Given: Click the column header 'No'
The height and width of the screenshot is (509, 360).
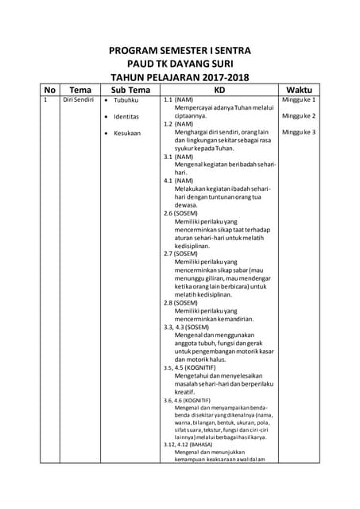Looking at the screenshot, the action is pyautogui.click(x=50, y=89).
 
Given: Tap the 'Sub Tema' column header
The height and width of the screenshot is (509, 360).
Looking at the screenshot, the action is pyautogui.click(x=130, y=89).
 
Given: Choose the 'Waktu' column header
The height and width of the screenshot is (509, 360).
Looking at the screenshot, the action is pyautogui.click(x=299, y=89).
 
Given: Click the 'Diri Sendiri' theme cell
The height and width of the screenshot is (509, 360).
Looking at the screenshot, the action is pyautogui.click(x=79, y=100).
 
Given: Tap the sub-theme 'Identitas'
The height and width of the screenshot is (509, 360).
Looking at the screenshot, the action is pyautogui.click(x=126, y=117).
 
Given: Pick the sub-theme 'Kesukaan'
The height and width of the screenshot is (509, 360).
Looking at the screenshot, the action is pyautogui.click(x=126, y=133).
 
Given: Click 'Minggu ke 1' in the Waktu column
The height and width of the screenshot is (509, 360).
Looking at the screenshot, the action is pyautogui.click(x=299, y=100).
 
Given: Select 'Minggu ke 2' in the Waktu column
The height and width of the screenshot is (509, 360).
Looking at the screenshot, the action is pyautogui.click(x=299, y=116).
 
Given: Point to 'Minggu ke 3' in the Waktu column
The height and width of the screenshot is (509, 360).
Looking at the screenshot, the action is pyautogui.click(x=299, y=132).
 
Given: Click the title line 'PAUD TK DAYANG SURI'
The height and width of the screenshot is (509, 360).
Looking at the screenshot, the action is pyautogui.click(x=180, y=64).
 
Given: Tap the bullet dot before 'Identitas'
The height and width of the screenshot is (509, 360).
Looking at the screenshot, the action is pyautogui.click(x=106, y=117).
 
